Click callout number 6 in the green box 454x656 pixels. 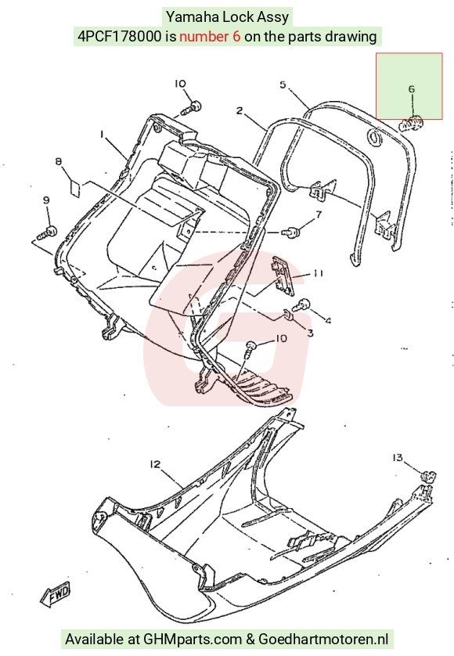pyautogui.click(x=411, y=89)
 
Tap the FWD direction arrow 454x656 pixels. pyautogui.click(x=56, y=594)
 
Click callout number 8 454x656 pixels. pyautogui.click(x=59, y=161)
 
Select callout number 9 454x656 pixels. pyautogui.click(x=46, y=200)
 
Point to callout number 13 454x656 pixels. pyautogui.click(x=398, y=458)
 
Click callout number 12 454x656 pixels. pyautogui.click(x=155, y=464)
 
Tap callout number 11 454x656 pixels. pyautogui.click(x=318, y=273)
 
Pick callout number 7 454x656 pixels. pyautogui.click(x=319, y=214)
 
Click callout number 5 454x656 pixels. pyautogui.click(x=283, y=85)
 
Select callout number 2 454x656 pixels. pyautogui.click(x=240, y=111)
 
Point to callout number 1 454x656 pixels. pyautogui.click(x=102, y=134)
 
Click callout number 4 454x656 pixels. pyautogui.click(x=329, y=321)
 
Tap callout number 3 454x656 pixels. pyautogui.click(x=311, y=333)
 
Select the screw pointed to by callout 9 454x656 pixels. pyautogui.click(x=48, y=233)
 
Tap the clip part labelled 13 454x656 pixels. pyautogui.click(x=427, y=477)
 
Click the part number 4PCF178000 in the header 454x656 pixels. pyautogui.click(x=119, y=37)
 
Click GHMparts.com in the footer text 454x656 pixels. pyautogui.click(x=193, y=640)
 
